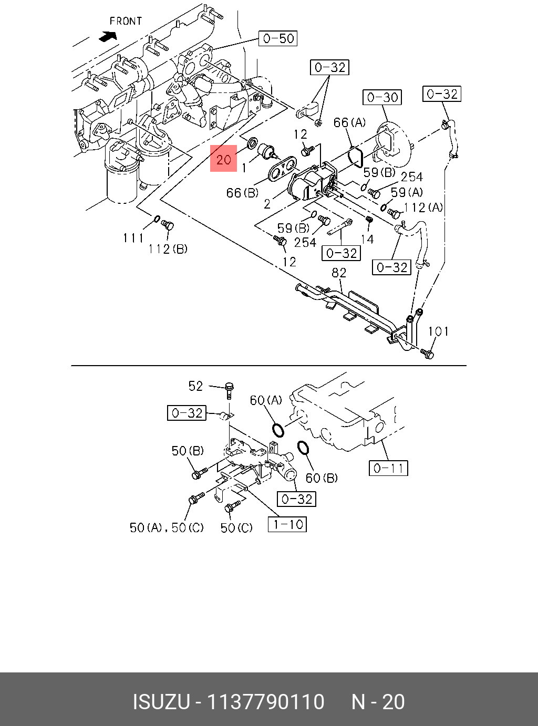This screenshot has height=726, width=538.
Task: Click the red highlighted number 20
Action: point(224,158)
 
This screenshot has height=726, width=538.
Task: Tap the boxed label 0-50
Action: point(278,38)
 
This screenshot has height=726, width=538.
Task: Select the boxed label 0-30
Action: point(382,97)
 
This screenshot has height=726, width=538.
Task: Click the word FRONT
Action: point(126,21)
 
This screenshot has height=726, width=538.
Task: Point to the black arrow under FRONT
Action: point(108,36)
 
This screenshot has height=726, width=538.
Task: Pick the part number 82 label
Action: point(339,273)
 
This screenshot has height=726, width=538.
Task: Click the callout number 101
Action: point(438,331)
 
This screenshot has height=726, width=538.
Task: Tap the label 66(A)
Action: point(349,122)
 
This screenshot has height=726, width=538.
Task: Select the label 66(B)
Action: point(242,193)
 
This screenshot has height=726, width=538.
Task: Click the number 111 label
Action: point(133,238)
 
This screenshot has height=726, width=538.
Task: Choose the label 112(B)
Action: point(168,248)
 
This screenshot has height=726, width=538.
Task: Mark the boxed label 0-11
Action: point(389,468)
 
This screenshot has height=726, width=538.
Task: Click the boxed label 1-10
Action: point(287,524)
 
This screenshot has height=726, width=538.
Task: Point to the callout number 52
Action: point(195,386)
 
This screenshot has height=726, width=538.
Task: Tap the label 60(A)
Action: point(266,400)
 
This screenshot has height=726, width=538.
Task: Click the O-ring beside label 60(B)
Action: point(303,448)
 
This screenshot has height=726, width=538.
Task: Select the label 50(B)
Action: point(188,451)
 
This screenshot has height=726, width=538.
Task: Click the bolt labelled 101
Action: point(427,354)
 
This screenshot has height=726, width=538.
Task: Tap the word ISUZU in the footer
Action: point(161,702)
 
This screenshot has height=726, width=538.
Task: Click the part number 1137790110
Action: point(266,702)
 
